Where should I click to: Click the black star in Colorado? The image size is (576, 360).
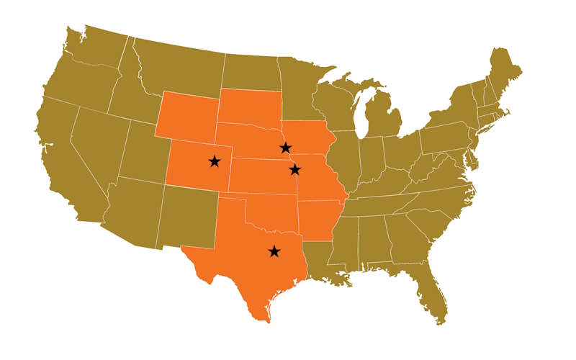[215, 161]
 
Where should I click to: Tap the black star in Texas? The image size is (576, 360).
[274, 251]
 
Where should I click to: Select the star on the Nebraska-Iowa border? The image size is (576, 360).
[286, 148]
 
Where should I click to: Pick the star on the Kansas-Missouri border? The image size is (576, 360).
[294, 169]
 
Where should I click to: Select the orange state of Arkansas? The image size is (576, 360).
[317, 219]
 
